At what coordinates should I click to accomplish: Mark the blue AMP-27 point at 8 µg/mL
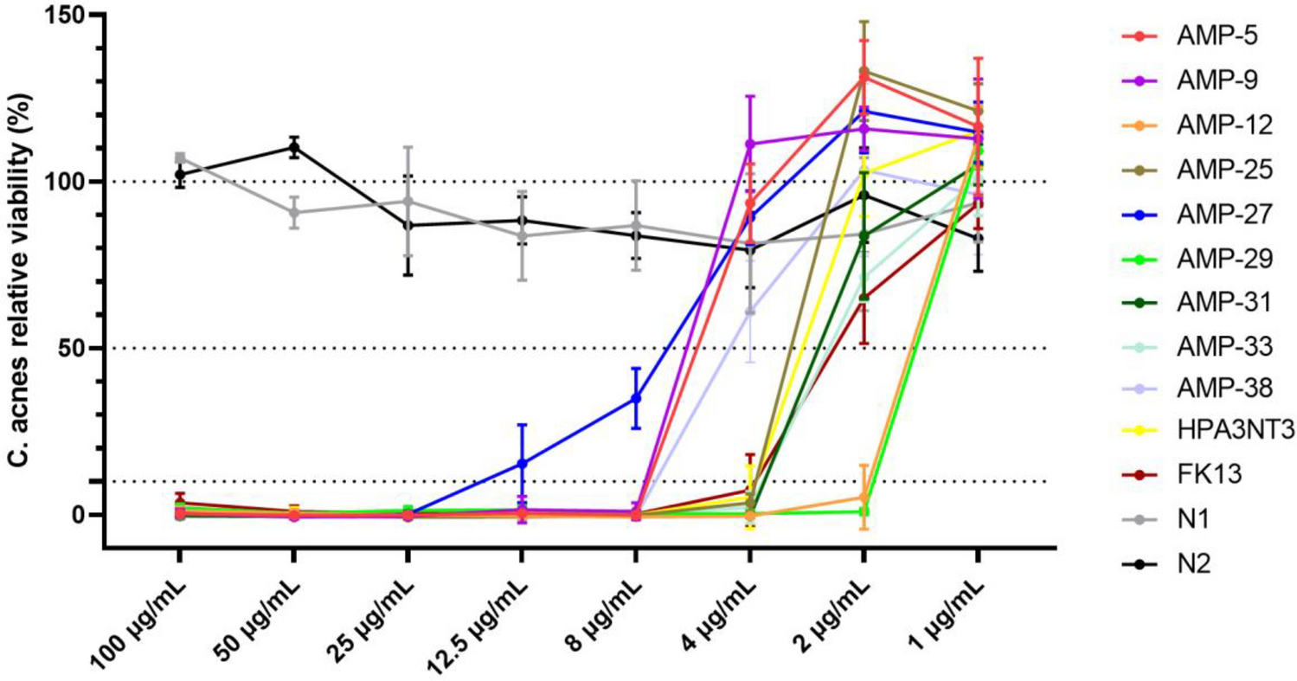pyautogui.click(x=636, y=398)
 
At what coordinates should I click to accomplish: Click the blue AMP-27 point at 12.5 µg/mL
pyautogui.click(x=522, y=464)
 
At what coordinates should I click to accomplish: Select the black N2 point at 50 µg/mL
pyautogui.click(x=294, y=147)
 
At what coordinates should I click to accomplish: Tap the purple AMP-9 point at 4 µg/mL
pyautogui.click(x=750, y=144)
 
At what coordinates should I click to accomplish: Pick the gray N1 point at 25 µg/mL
pyautogui.click(x=408, y=202)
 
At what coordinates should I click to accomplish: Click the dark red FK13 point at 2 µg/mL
pyautogui.click(x=864, y=298)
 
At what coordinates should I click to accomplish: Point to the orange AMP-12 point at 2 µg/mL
pyautogui.click(x=864, y=498)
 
